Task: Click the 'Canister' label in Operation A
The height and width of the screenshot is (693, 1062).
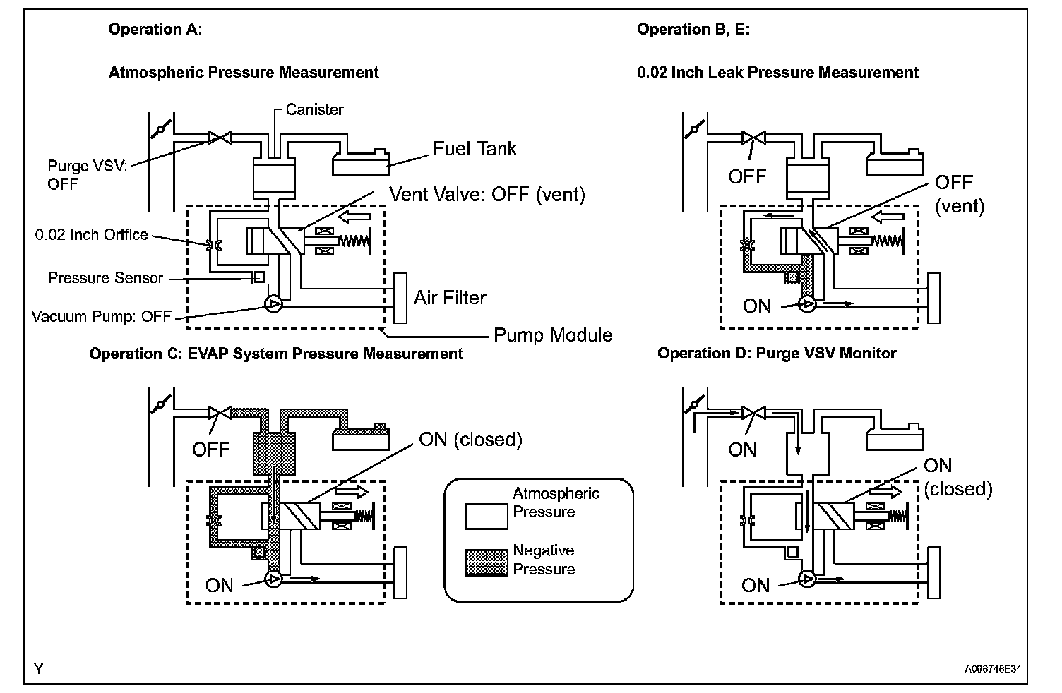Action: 314,109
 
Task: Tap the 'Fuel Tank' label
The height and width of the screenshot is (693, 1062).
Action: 475,149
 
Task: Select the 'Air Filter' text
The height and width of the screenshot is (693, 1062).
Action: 450,298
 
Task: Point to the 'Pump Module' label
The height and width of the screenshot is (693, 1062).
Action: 553,335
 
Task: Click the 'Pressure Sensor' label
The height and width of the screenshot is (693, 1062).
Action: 105,278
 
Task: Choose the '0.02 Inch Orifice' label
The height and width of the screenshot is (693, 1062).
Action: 92,234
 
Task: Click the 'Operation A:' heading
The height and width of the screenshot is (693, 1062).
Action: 155,29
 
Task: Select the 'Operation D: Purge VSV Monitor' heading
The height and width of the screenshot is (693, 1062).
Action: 777,353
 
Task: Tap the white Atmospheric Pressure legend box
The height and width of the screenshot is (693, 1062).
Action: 486,516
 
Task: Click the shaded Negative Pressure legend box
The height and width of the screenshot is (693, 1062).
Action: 486,562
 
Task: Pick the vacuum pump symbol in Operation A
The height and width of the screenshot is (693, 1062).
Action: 273,305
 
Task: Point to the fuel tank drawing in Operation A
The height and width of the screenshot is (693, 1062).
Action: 361,164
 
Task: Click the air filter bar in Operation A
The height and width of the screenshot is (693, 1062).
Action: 401,297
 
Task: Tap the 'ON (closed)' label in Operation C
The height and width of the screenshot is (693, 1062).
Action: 470,440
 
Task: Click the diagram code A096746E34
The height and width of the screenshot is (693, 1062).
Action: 994,668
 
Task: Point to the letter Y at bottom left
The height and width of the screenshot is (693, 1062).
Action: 39,668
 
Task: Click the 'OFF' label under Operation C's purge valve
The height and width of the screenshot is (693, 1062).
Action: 210,450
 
